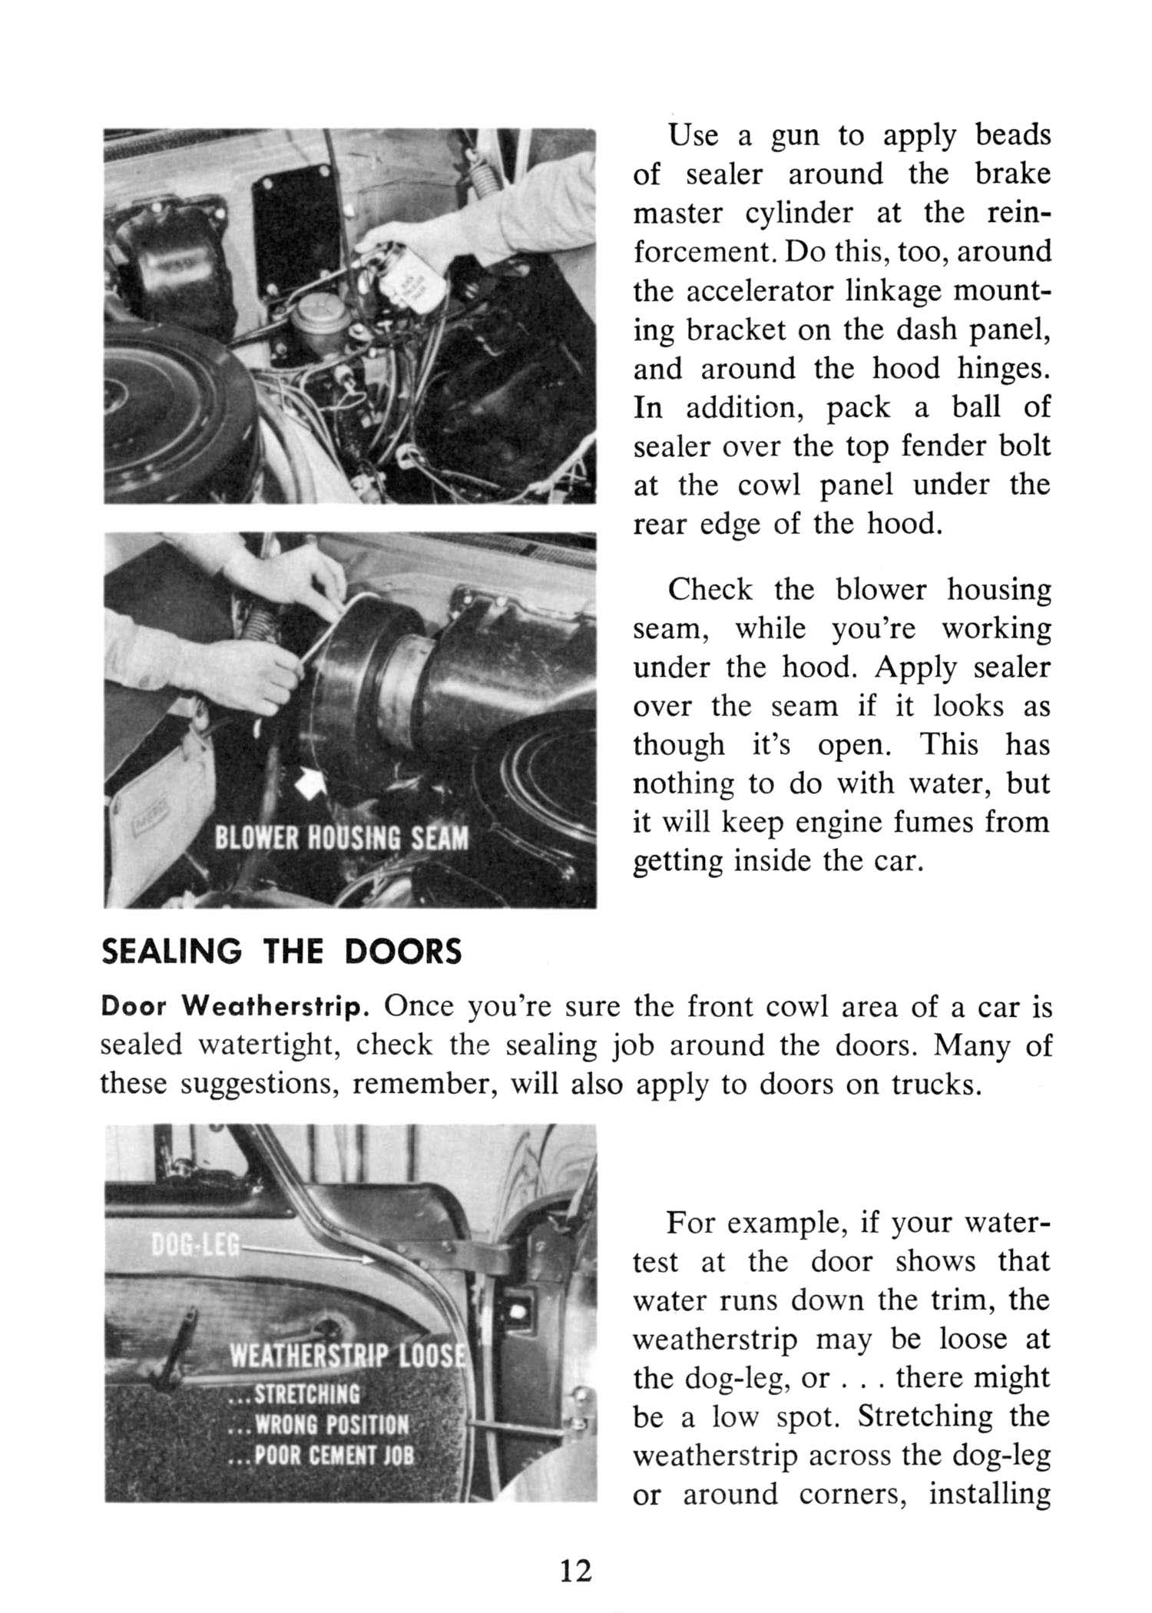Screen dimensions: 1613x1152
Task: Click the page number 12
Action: point(576,1571)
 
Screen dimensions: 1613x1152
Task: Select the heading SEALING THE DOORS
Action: point(282,952)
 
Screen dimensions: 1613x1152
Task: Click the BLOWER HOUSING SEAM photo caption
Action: point(341,836)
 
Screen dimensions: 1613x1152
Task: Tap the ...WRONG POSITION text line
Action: point(320,1425)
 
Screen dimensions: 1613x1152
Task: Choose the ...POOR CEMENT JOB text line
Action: point(323,1456)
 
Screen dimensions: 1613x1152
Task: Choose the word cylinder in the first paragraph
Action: point(799,213)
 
